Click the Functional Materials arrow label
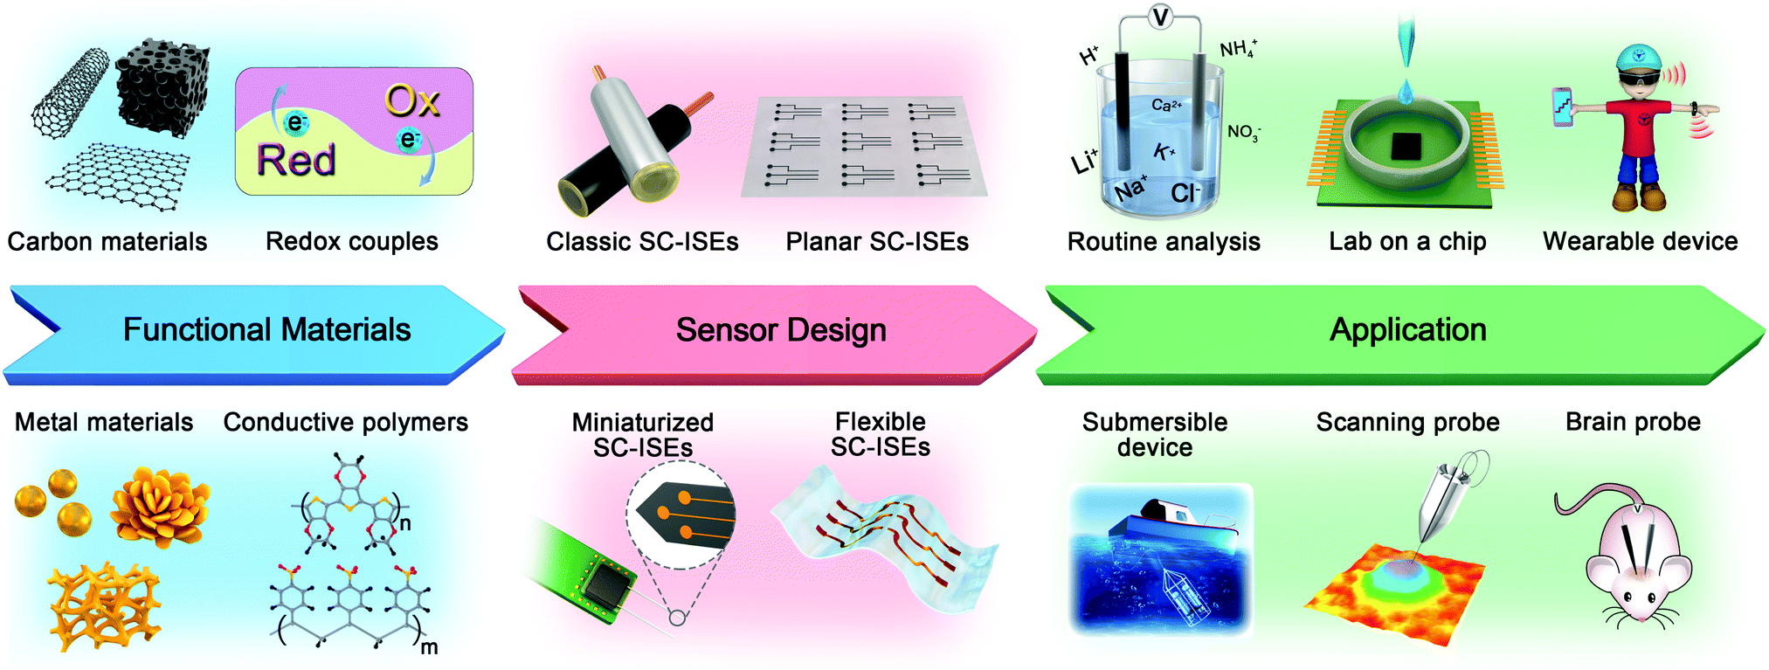(266, 330)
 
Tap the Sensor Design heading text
(781, 330)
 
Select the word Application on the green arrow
(1407, 330)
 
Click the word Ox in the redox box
(412, 102)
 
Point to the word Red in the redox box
(296, 161)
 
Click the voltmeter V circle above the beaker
(1160, 17)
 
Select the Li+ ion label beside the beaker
(1084, 161)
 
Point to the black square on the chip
(1406, 146)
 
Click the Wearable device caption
(1640, 242)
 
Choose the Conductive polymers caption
(346, 423)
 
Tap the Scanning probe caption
(1407, 423)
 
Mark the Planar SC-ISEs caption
(877, 242)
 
